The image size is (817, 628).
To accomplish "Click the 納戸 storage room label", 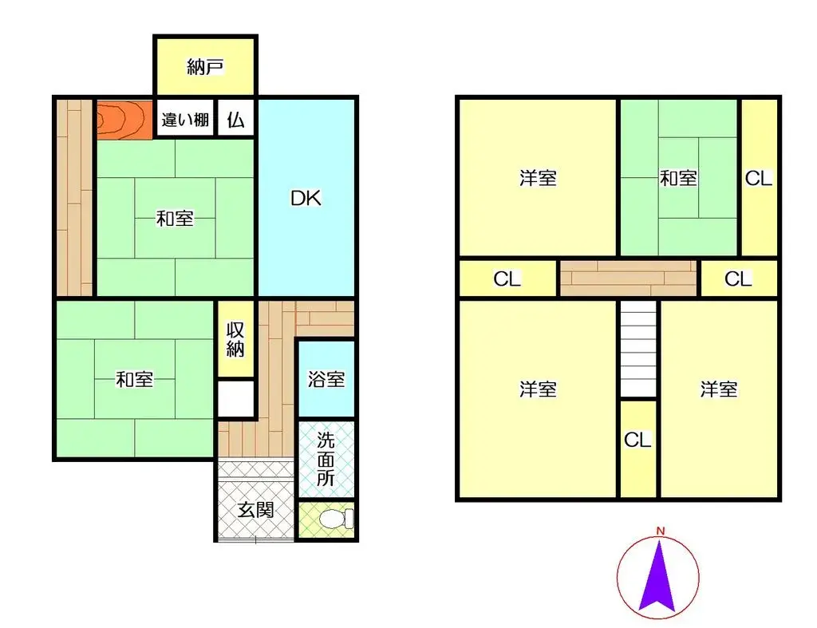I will pos(205,67).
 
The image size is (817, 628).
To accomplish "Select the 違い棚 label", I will pos(185,120).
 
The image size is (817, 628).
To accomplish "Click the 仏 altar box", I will pos(235,120).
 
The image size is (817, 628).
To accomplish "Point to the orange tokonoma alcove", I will pos(121,120).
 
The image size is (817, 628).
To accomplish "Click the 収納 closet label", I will pos(235,339).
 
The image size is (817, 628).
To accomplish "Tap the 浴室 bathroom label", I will pos(326,378).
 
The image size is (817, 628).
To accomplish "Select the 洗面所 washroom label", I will pos(326,459).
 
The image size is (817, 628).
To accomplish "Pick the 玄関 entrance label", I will pos(256,509).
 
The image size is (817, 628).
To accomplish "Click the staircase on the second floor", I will pos(638,349).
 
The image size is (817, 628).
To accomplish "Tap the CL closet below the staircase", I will pos(638,440).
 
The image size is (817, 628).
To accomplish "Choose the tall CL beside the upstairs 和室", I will pos(759,178).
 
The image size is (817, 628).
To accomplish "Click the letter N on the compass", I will pos(661,531).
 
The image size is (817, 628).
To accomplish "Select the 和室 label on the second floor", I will pos(678,178).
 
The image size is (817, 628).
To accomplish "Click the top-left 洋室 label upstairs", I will pos(538,178).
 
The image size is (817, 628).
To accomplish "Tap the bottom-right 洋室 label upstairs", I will pos(718,389).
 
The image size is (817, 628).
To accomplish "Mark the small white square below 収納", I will pos(235,399).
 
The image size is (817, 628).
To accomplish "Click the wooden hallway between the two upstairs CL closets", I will pos(628,278).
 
